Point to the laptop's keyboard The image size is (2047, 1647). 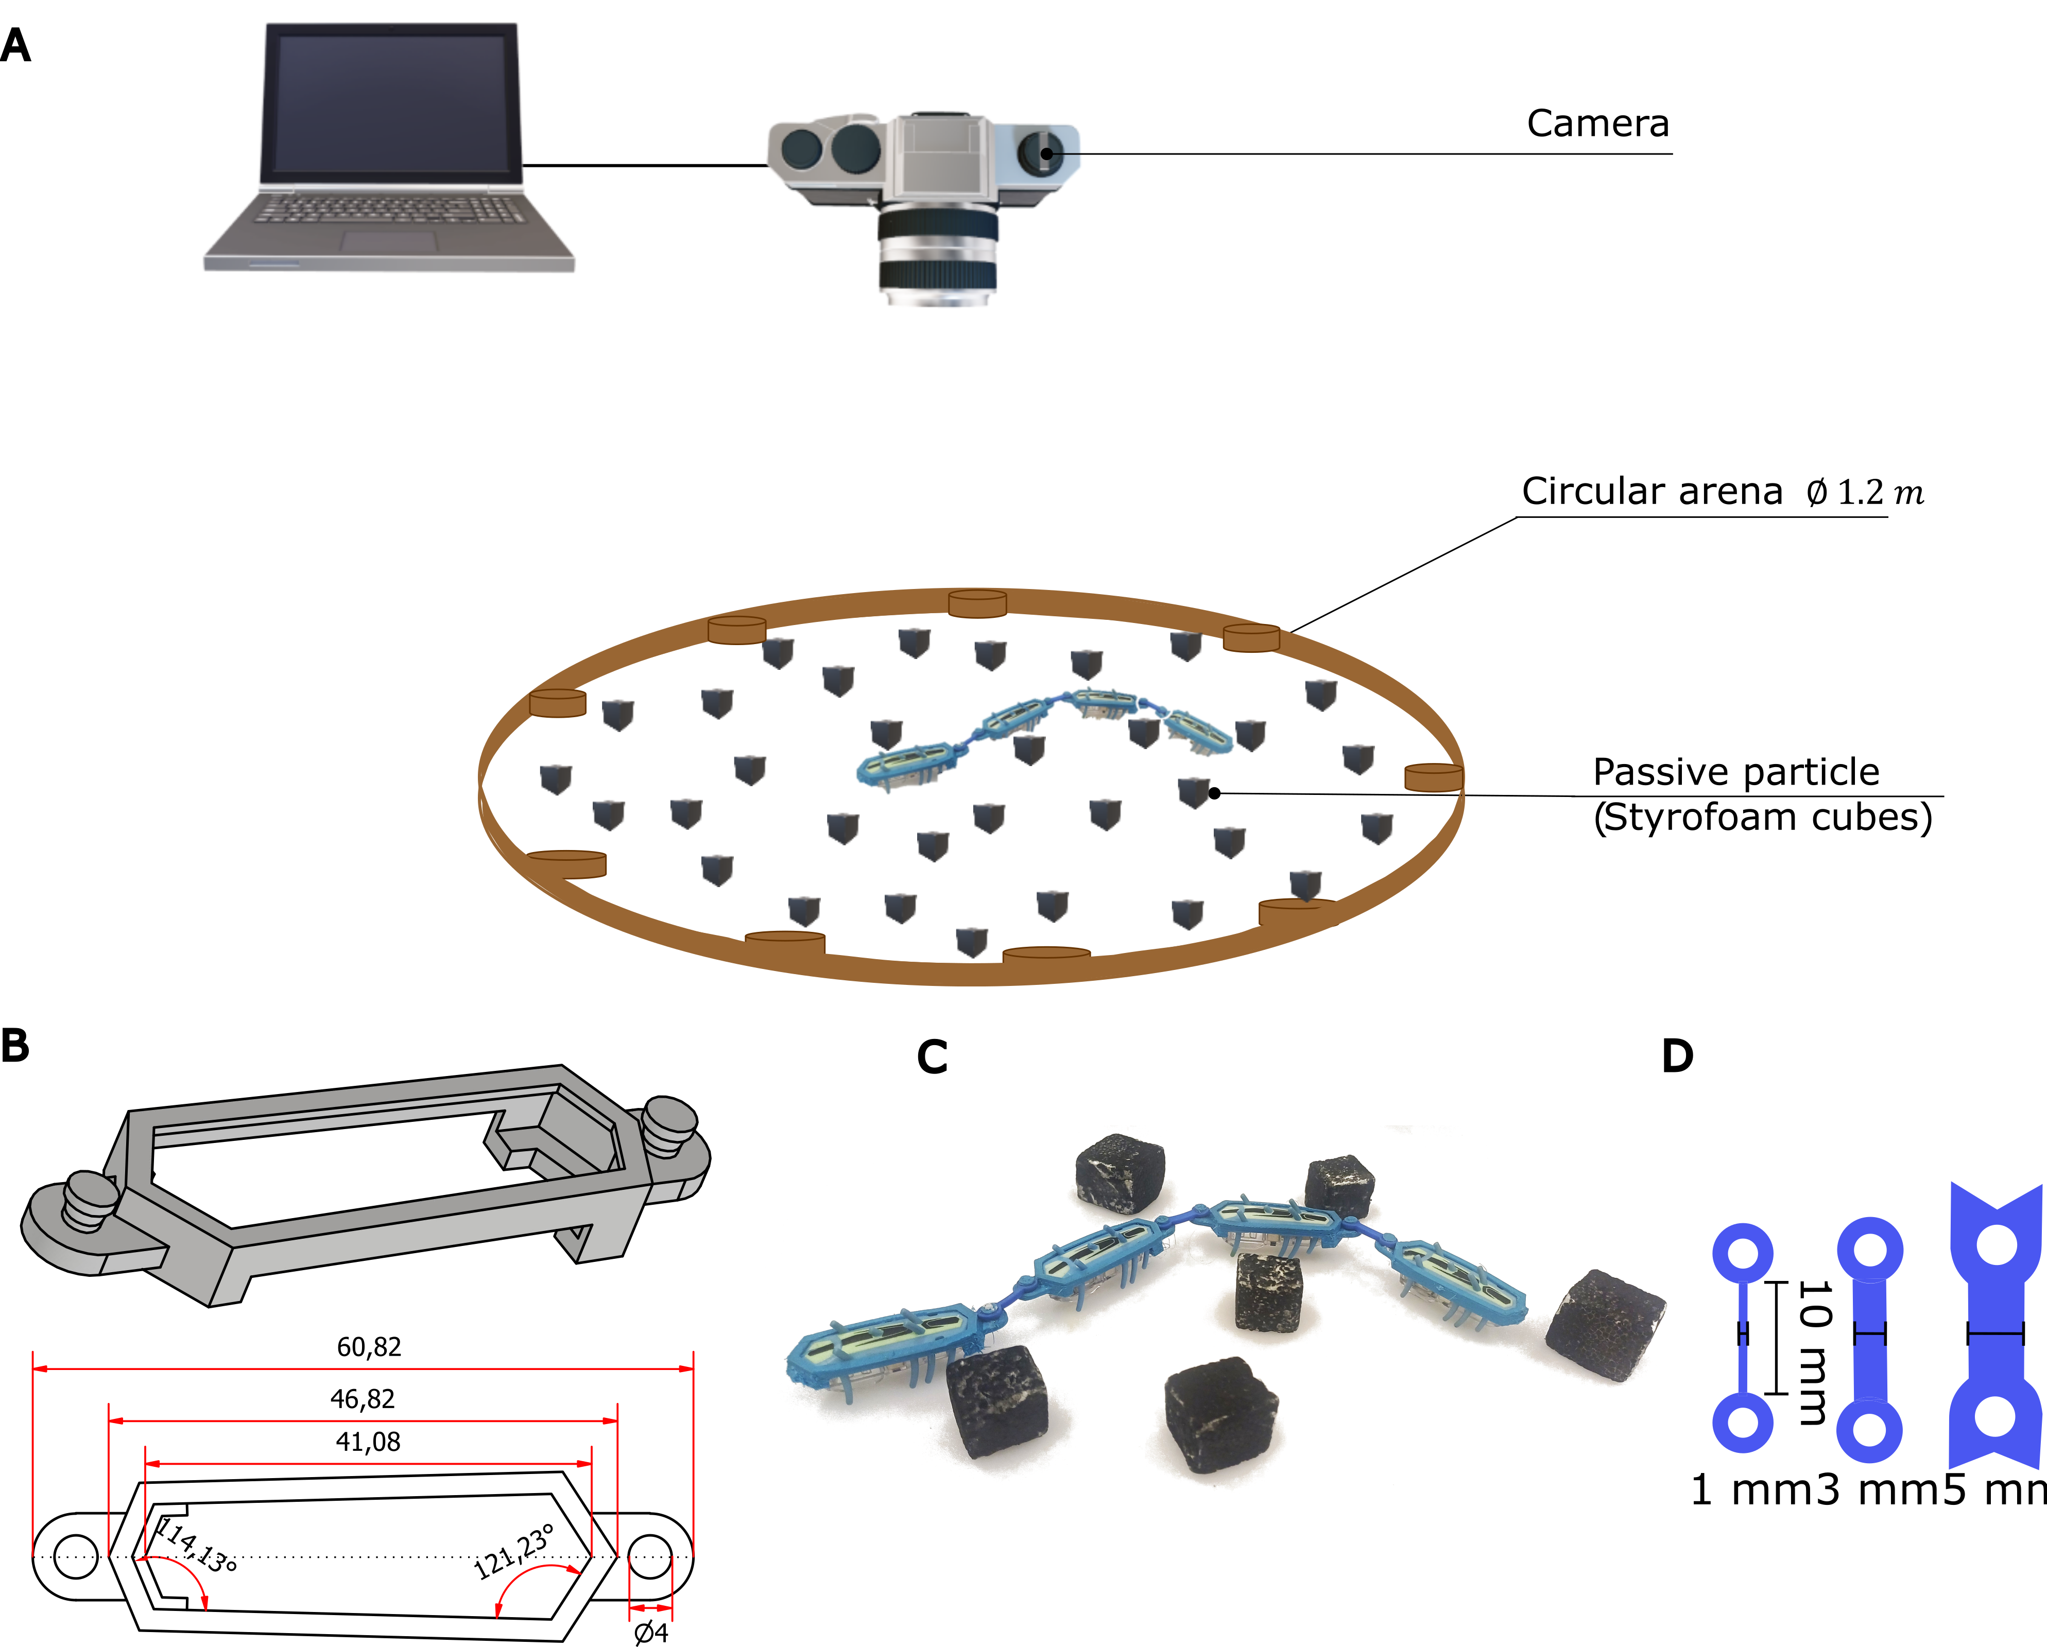389,207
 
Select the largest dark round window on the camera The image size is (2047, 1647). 855,148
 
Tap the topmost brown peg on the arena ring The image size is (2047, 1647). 977,603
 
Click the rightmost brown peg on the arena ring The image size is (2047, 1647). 1434,777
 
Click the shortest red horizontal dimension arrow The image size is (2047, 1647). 650,1608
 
